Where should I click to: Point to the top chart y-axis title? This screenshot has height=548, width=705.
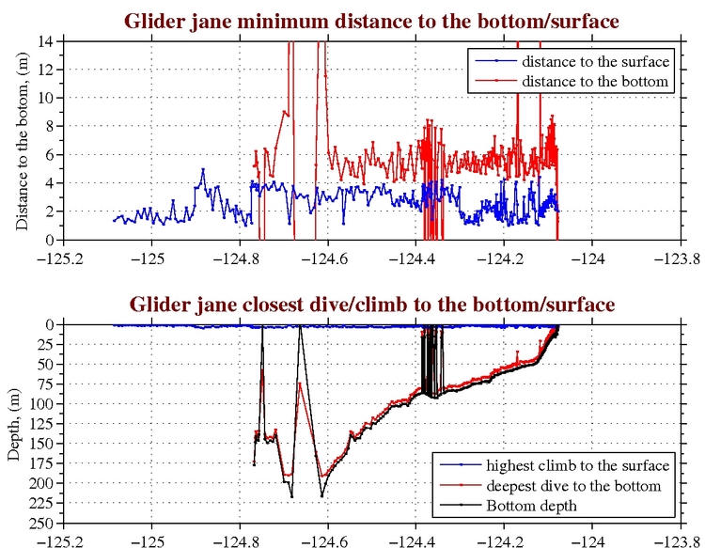(22, 141)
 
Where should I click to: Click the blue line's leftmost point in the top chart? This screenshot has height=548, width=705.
(114, 220)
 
